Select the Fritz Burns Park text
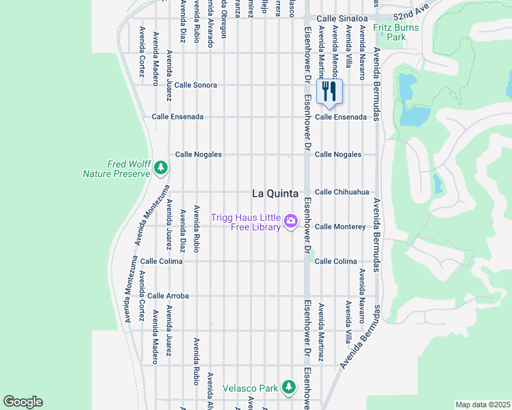pos(391,33)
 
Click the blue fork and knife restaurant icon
pos(330,90)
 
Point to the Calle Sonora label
pos(196,85)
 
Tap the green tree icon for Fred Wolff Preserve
pos(161,167)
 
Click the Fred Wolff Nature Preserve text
pos(116,169)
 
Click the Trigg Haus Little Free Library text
pos(246,223)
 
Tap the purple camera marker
pos(291,220)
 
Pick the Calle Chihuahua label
pos(342,193)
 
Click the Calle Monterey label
pos(340,227)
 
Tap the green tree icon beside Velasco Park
pos(289,387)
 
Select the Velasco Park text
pos(250,389)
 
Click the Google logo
pos(23,402)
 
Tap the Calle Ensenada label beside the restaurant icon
pos(341,117)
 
